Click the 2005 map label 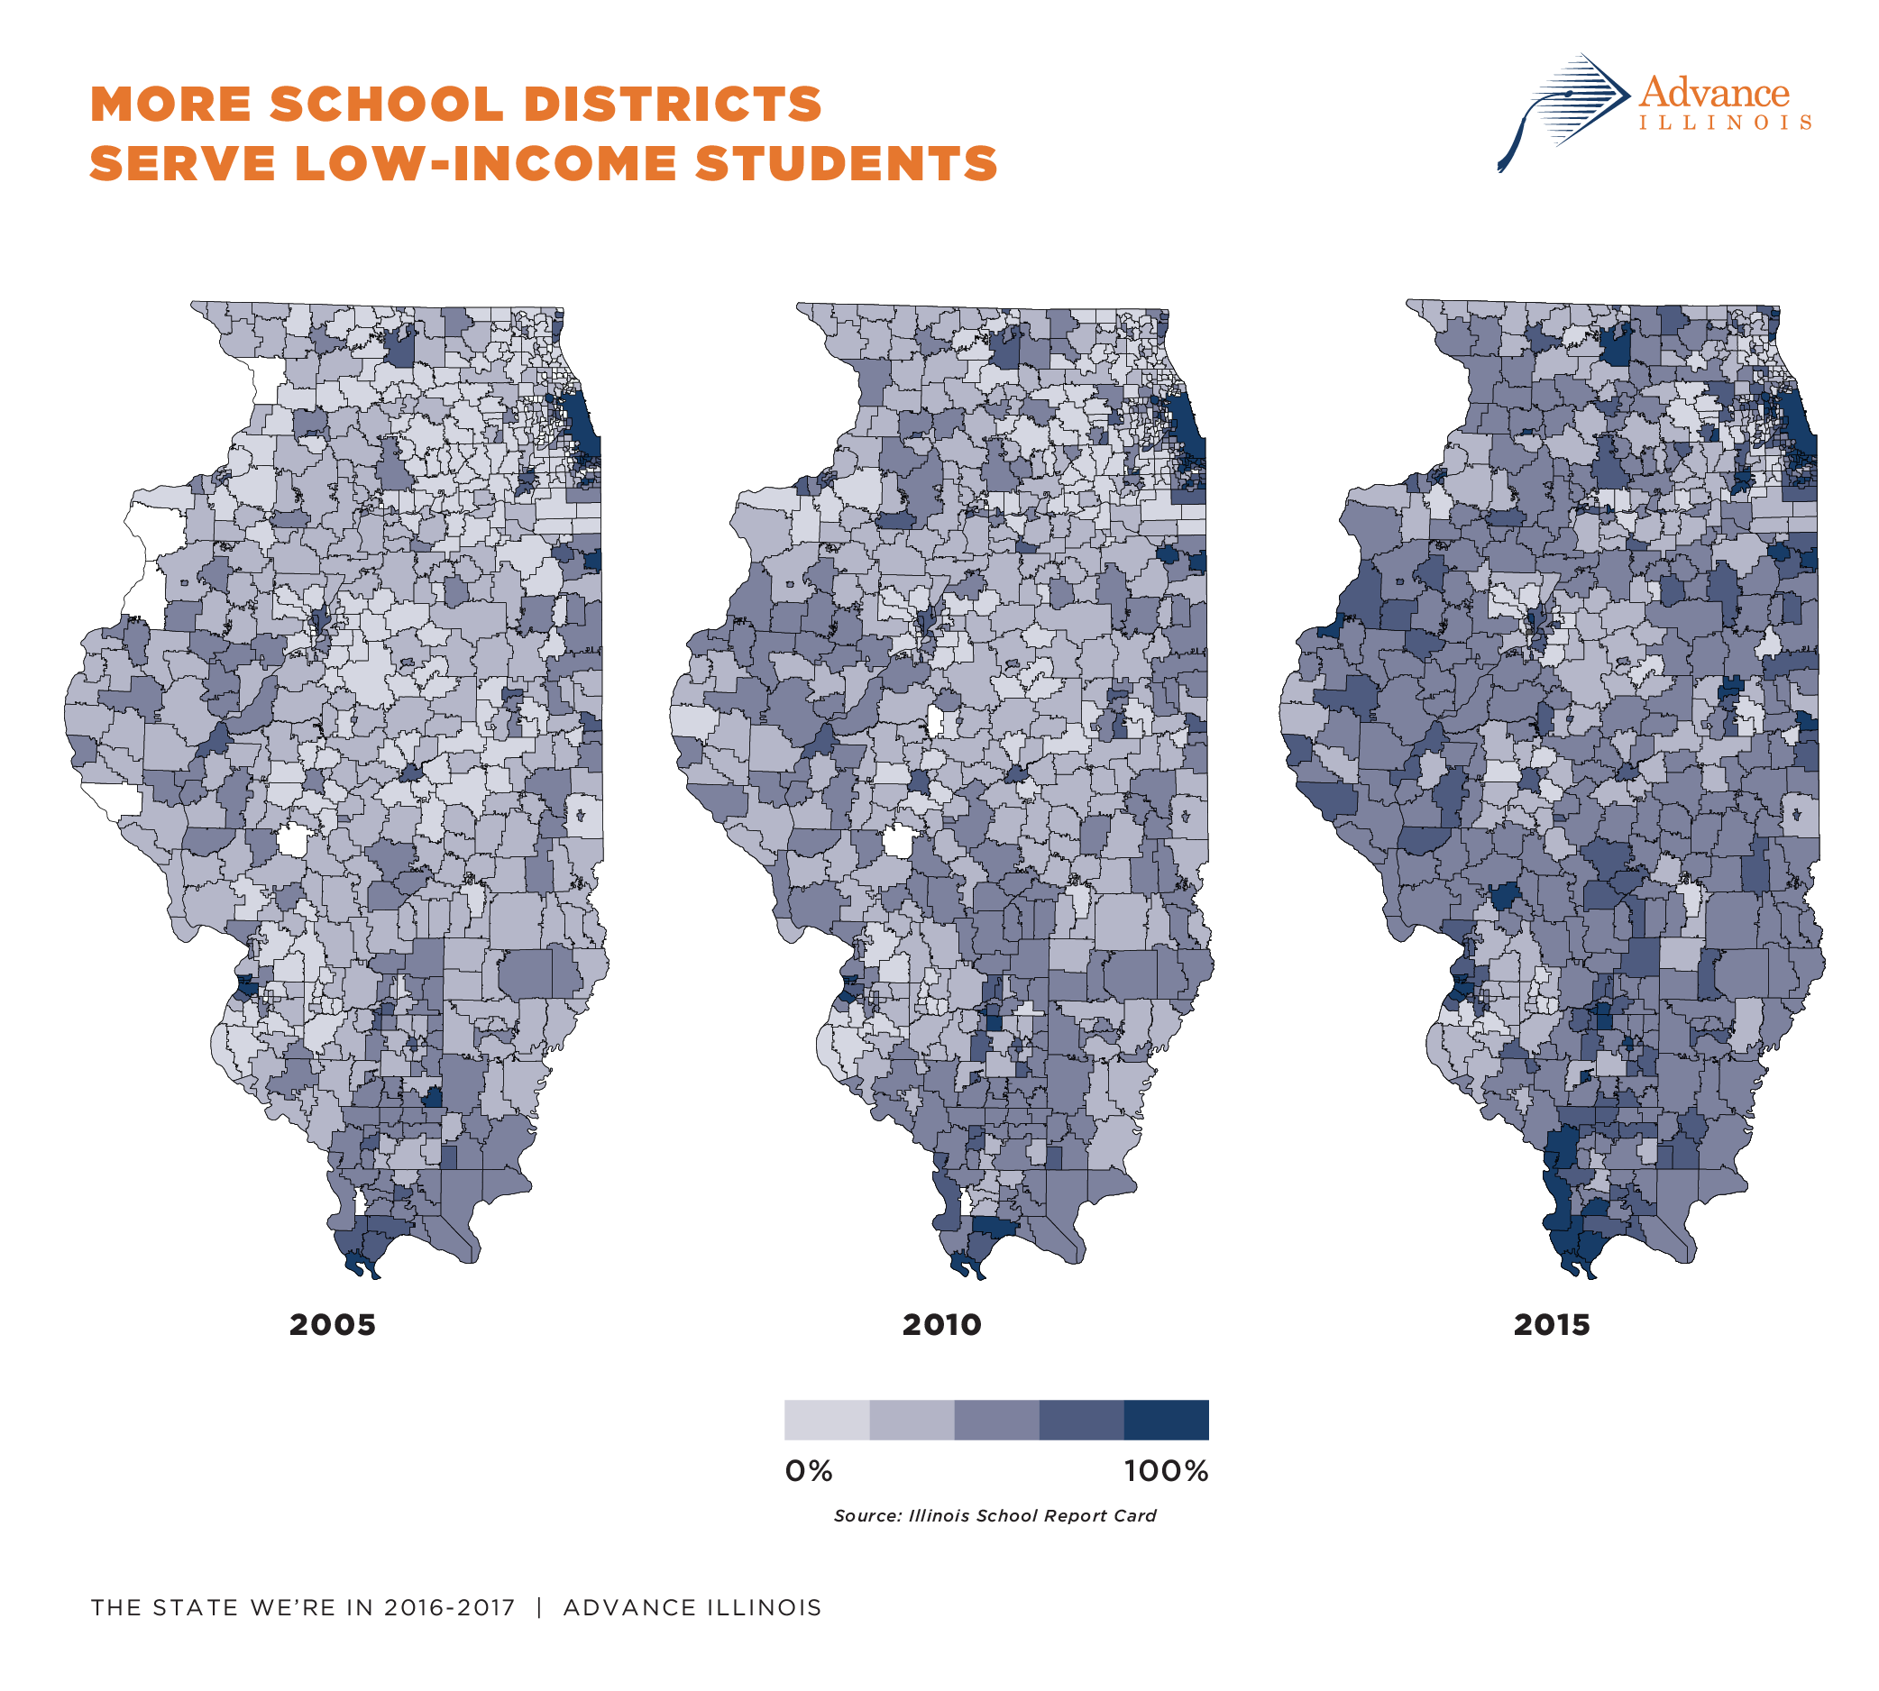pos(332,1324)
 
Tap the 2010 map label pos(941,1324)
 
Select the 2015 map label pos(1551,1324)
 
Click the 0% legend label pos(809,1471)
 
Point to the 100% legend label pos(1165,1471)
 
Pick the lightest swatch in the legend pos(826,1420)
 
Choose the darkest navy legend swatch pos(1166,1420)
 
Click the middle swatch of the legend pos(996,1420)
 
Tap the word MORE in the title pos(171,104)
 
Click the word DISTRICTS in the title pos(673,104)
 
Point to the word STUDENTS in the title pos(846,163)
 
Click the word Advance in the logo pos(1714,93)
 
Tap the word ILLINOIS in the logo pos(1725,123)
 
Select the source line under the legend pos(994,1515)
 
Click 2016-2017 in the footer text pos(449,1607)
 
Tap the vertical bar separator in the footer pos(539,1607)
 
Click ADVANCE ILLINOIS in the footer pos(692,1607)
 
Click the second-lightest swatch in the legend pos(912,1420)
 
